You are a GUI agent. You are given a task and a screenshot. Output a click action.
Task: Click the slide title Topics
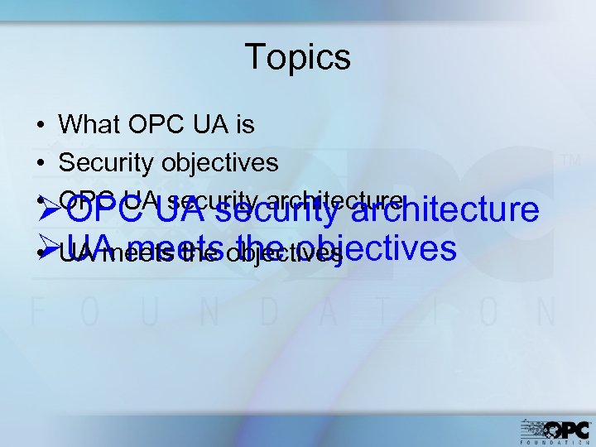pyautogui.click(x=298, y=58)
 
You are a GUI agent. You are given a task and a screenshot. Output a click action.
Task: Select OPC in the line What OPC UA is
pyautogui.click(x=147, y=125)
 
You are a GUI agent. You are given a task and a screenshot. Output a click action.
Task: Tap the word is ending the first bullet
pyautogui.click(x=244, y=125)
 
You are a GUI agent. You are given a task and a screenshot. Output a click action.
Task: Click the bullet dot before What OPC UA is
pyautogui.click(x=40, y=126)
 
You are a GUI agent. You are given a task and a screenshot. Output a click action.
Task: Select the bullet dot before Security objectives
pyautogui.click(x=40, y=163)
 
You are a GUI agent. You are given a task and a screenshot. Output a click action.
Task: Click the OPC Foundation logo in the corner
pyautogui.click(x=555, y=431)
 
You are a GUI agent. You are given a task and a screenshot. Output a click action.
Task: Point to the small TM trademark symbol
pyautogui.click(x=571, y=159)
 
